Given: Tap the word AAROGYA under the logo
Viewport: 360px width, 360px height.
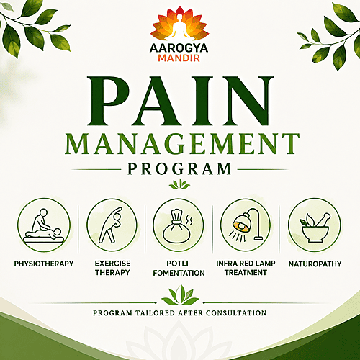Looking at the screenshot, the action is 179,48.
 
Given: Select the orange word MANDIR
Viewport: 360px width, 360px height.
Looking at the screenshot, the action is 179,58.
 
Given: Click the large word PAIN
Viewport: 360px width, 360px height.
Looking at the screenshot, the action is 180,101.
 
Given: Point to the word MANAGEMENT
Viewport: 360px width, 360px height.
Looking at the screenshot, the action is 182,144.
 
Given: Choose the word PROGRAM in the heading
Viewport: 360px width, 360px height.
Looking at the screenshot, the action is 179,168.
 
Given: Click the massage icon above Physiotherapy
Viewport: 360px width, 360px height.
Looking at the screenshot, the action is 44,225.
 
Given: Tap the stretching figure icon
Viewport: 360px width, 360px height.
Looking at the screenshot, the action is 111,225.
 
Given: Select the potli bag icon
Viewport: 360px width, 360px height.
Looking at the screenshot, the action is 177,225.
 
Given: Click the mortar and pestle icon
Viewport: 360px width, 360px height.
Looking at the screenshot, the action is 315,228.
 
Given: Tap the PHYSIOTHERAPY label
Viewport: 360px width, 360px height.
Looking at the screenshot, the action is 44,264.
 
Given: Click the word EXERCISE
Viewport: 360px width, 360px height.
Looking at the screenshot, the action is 112,264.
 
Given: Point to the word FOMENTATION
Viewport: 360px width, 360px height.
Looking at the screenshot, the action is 179,273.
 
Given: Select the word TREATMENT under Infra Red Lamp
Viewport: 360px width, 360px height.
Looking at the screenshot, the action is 246,273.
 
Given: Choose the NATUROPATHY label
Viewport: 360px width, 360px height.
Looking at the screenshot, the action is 315,264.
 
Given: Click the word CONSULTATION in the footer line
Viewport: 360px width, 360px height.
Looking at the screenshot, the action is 236,313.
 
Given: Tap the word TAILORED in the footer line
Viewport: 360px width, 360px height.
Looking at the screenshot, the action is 155,313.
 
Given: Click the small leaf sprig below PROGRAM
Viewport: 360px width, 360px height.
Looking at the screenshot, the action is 179,184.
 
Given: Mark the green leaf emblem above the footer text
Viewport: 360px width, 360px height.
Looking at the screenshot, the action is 180,295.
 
